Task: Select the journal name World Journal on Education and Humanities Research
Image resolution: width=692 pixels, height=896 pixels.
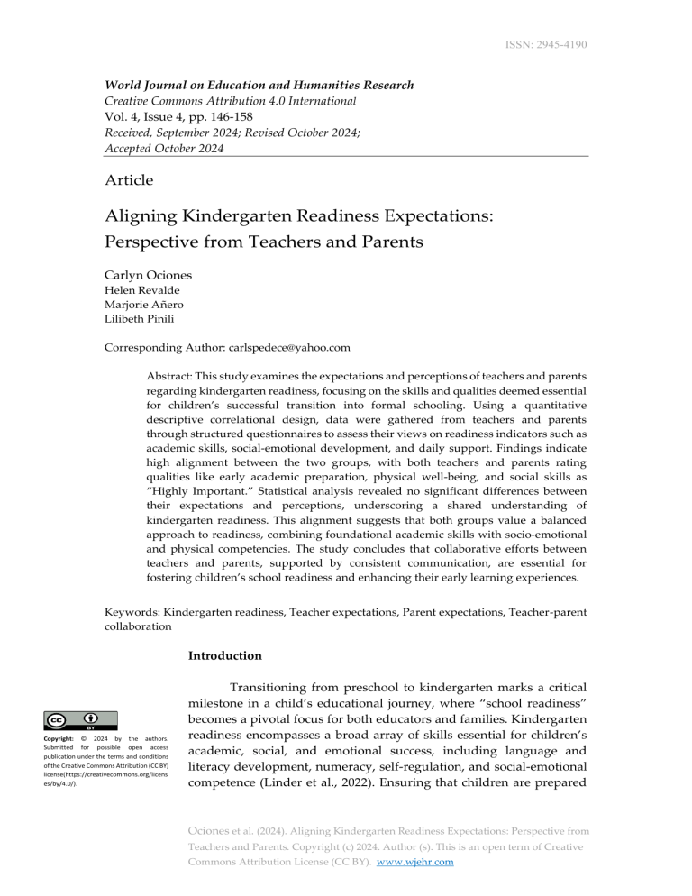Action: coord(259,86)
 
